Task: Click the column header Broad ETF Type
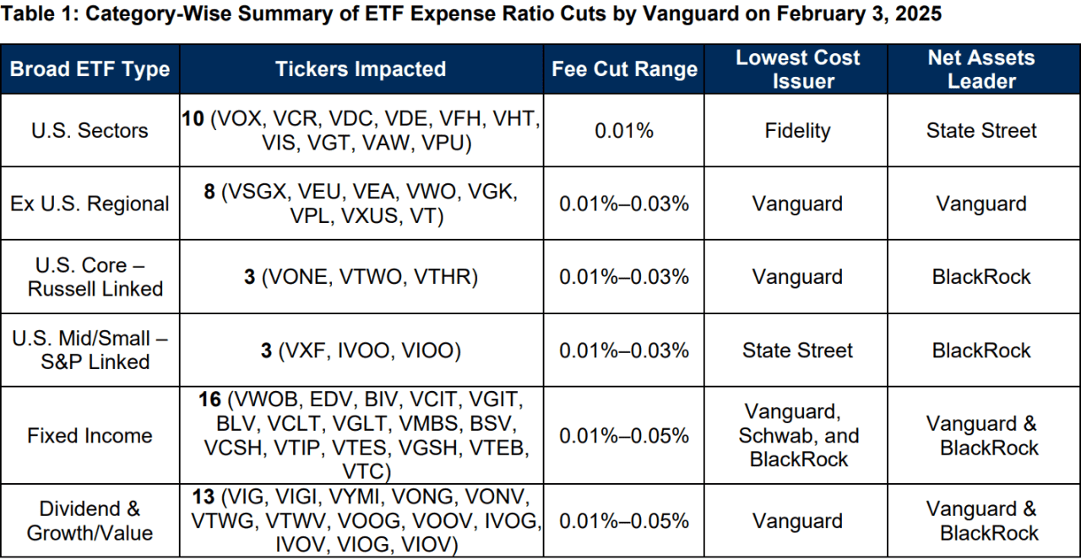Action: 90,69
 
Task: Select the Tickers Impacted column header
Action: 361,69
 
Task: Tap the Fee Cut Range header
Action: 625,69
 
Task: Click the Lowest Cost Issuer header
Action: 797,69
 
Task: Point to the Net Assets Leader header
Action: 981,69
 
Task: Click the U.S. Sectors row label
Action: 90,131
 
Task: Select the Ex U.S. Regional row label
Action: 90,204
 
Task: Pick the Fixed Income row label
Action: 90,436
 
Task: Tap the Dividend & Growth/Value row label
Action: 90,521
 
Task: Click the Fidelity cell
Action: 797,131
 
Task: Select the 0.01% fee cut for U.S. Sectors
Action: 625,131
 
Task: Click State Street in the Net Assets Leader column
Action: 981,131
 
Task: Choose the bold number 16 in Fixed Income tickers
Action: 210,400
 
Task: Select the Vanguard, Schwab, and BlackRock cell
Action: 797,436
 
